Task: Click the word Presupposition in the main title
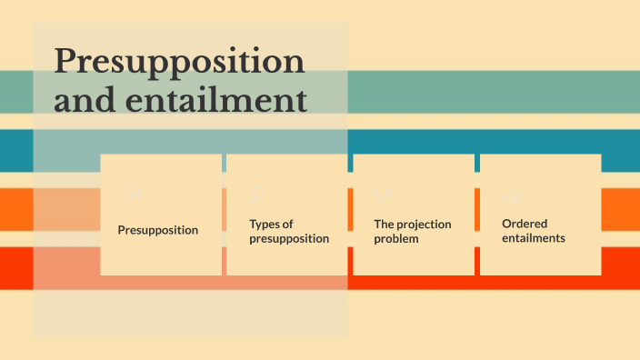(x=179, y=62)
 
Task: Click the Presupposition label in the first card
(x=158, y=230)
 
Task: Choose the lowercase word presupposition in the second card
(x=289, y=239)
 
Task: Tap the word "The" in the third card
(x=385, y=224)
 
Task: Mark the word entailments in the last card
(x=534, y=238)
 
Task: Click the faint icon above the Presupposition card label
(x=136, y=194)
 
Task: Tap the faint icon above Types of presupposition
(x=258, y=193)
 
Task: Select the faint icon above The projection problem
(x=385, y=194)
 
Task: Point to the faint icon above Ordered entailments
(x=512, y=194)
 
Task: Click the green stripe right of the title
(x=491, y=92)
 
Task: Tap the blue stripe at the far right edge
(x=622, y=151)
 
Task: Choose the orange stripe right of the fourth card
(x=620, y=209)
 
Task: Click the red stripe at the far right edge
(x=622, y=268)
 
